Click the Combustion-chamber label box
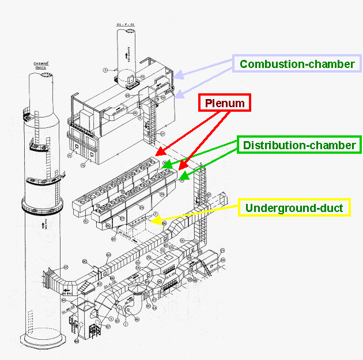point(297,63)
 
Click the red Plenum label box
point(225,104)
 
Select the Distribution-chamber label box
point(299,145)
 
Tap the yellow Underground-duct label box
point(294,207)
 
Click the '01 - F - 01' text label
point(125,25)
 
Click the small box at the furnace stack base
point(128,78)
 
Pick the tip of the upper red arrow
point(157,155)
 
